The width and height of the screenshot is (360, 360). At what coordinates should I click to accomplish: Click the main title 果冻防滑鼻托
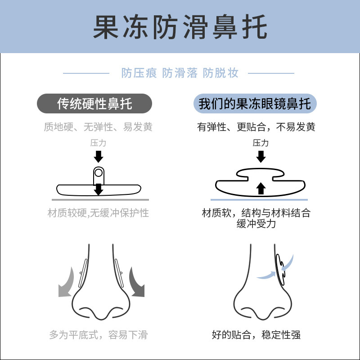(180, 28)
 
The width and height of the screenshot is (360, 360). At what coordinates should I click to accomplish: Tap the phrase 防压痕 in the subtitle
(139, 73)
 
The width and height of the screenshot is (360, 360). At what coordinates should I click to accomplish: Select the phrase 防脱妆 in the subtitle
(220, 73)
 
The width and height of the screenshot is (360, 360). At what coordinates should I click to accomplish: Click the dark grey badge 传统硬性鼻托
(94, 104)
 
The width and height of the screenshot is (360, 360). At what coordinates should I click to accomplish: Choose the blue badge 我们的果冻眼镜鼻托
(255, 104)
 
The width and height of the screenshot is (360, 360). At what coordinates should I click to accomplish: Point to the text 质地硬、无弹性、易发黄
(98, 127)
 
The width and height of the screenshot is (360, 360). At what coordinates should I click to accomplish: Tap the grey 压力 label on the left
(98, 143)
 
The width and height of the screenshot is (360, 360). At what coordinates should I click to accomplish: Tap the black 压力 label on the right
(261, 143)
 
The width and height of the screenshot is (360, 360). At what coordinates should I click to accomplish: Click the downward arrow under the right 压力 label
(261, 157)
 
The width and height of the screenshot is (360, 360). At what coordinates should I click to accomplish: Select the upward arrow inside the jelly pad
(261, 188)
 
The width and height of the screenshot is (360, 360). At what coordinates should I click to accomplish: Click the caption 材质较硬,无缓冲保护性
(98, 213)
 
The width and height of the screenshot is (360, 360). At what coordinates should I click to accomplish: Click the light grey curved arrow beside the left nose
(67, 282)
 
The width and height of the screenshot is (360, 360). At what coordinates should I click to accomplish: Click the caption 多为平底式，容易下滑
(98, 335)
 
